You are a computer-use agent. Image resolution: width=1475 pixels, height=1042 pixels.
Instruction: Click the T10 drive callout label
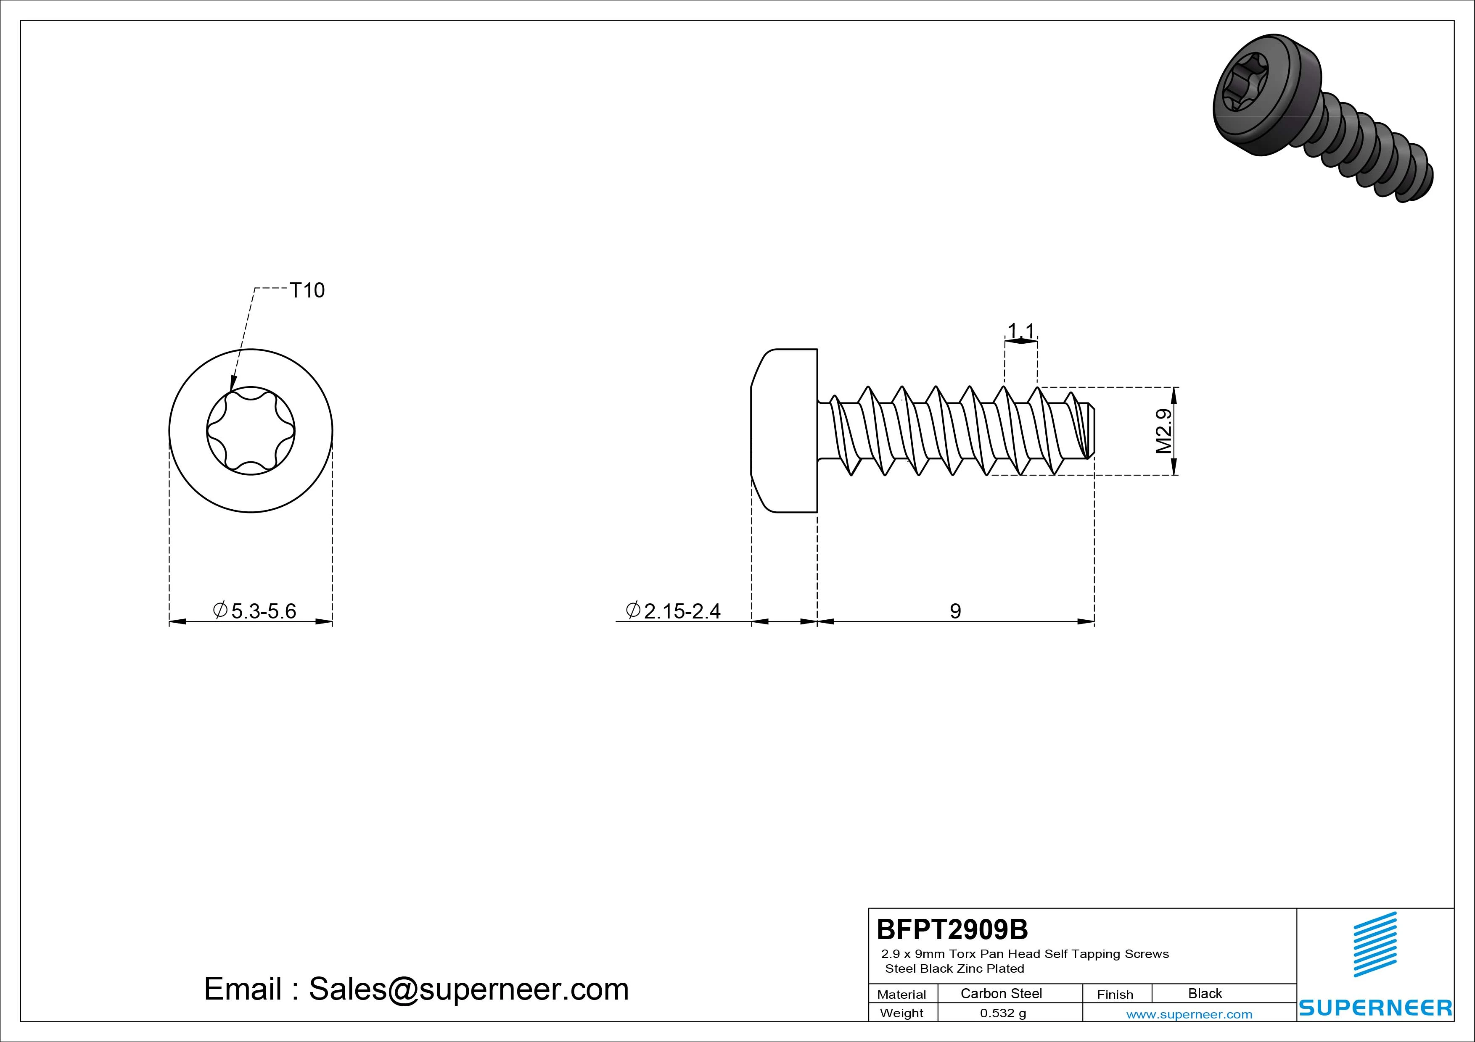[x=307, y=290]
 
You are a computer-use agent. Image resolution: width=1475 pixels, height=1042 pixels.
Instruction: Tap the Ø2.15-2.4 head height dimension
[x=673, y=610]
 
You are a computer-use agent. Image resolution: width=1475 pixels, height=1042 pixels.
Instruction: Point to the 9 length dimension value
[x=955, y=610]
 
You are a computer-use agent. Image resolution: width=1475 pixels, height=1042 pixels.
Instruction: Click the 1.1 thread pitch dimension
[x=1021, y=331]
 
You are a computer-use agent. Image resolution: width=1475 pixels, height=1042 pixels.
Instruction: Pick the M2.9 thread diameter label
[x=1164, y=431]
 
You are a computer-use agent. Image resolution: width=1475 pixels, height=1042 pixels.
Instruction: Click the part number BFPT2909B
[x=952, y=929]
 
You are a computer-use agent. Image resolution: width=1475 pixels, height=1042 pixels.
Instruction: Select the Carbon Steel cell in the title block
[x=1001, y=993]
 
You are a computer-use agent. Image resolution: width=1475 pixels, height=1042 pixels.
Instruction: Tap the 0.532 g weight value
[x=1003, y=1013]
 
